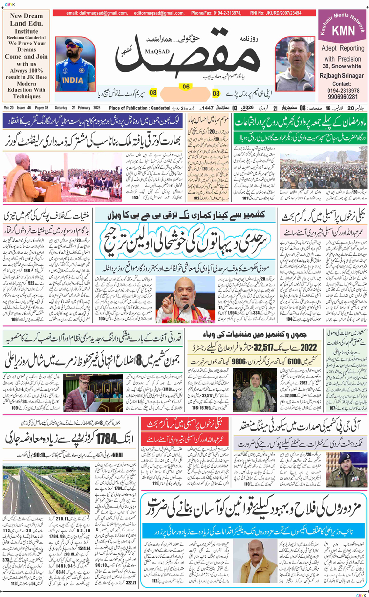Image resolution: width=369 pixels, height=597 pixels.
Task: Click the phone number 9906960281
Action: point(343,98)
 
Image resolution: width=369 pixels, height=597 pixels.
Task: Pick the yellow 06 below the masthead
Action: point(186,86)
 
